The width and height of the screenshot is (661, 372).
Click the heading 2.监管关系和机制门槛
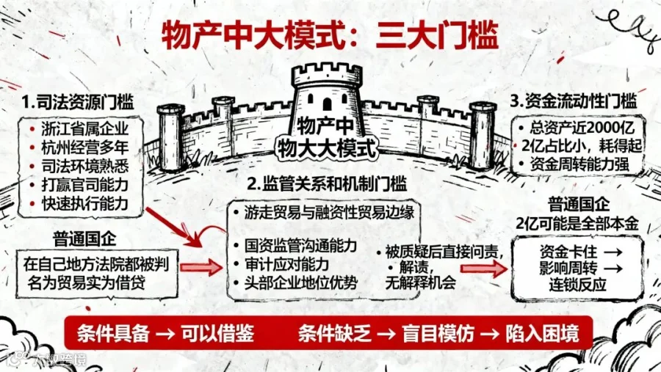tap(326, 183)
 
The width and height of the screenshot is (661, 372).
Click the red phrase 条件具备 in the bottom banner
tap(113, 334)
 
